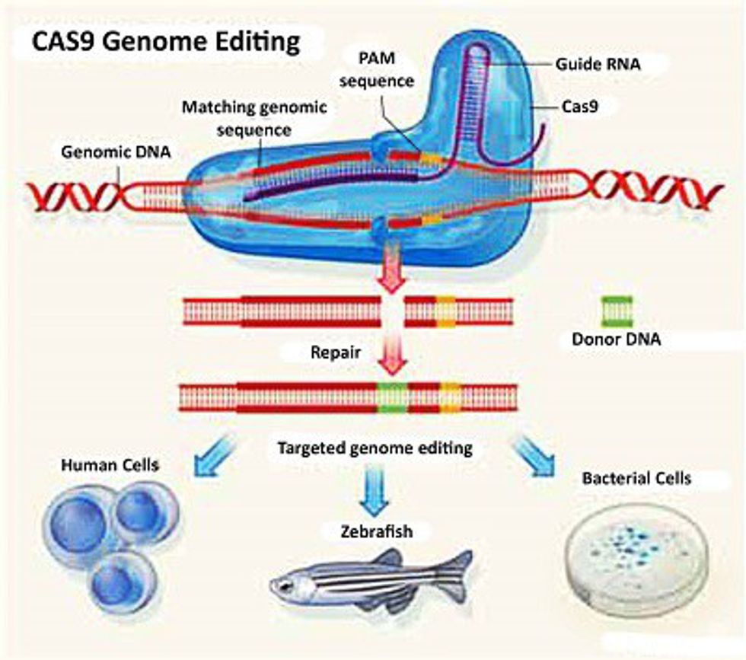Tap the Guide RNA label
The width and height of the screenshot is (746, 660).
point(598,65)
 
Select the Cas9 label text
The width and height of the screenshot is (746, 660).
point(579,107)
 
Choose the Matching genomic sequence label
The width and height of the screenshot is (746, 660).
point(254,118)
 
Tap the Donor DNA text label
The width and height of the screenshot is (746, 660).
point(616,340)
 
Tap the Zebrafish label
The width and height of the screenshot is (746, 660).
point(376,531)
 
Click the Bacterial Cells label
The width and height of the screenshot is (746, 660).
point(636,479)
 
